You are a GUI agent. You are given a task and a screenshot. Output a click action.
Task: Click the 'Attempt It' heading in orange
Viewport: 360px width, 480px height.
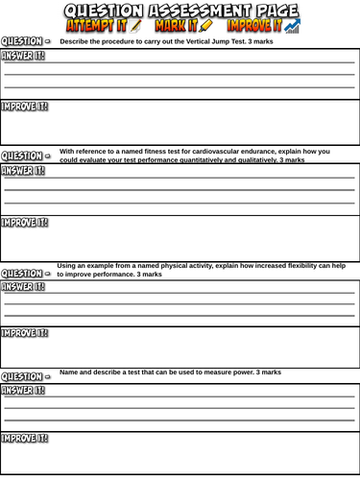click(95, 27)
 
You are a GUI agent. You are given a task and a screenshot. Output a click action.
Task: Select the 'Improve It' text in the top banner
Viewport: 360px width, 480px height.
click(254, 27)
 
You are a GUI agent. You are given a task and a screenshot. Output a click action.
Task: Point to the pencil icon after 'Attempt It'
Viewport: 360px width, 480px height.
click(135, 27)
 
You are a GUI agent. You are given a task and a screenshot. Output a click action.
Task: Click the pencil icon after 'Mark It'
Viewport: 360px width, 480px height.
click(206, 27)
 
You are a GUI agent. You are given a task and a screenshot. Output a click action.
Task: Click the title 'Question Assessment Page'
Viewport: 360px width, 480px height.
click(181, 11)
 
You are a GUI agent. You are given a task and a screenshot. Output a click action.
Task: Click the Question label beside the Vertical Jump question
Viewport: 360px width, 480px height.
click(23, 41)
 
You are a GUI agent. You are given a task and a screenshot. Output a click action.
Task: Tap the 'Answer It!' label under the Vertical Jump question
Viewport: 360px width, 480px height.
click(23, 56)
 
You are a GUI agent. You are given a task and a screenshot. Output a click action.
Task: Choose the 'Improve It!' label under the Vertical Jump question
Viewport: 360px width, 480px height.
click(25, 107)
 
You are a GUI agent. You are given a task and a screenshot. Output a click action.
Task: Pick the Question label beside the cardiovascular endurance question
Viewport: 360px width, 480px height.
click(23, 156)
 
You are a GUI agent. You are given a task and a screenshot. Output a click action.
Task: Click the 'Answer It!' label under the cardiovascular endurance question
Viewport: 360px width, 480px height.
click(23, 171)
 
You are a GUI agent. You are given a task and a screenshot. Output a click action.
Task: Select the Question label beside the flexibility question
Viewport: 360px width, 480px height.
click(23, 273)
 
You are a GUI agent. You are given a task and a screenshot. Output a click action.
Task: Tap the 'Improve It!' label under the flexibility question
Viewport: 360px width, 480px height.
click(25, 334)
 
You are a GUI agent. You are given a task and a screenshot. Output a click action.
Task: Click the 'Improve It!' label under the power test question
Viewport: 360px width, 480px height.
click(25, 439)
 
